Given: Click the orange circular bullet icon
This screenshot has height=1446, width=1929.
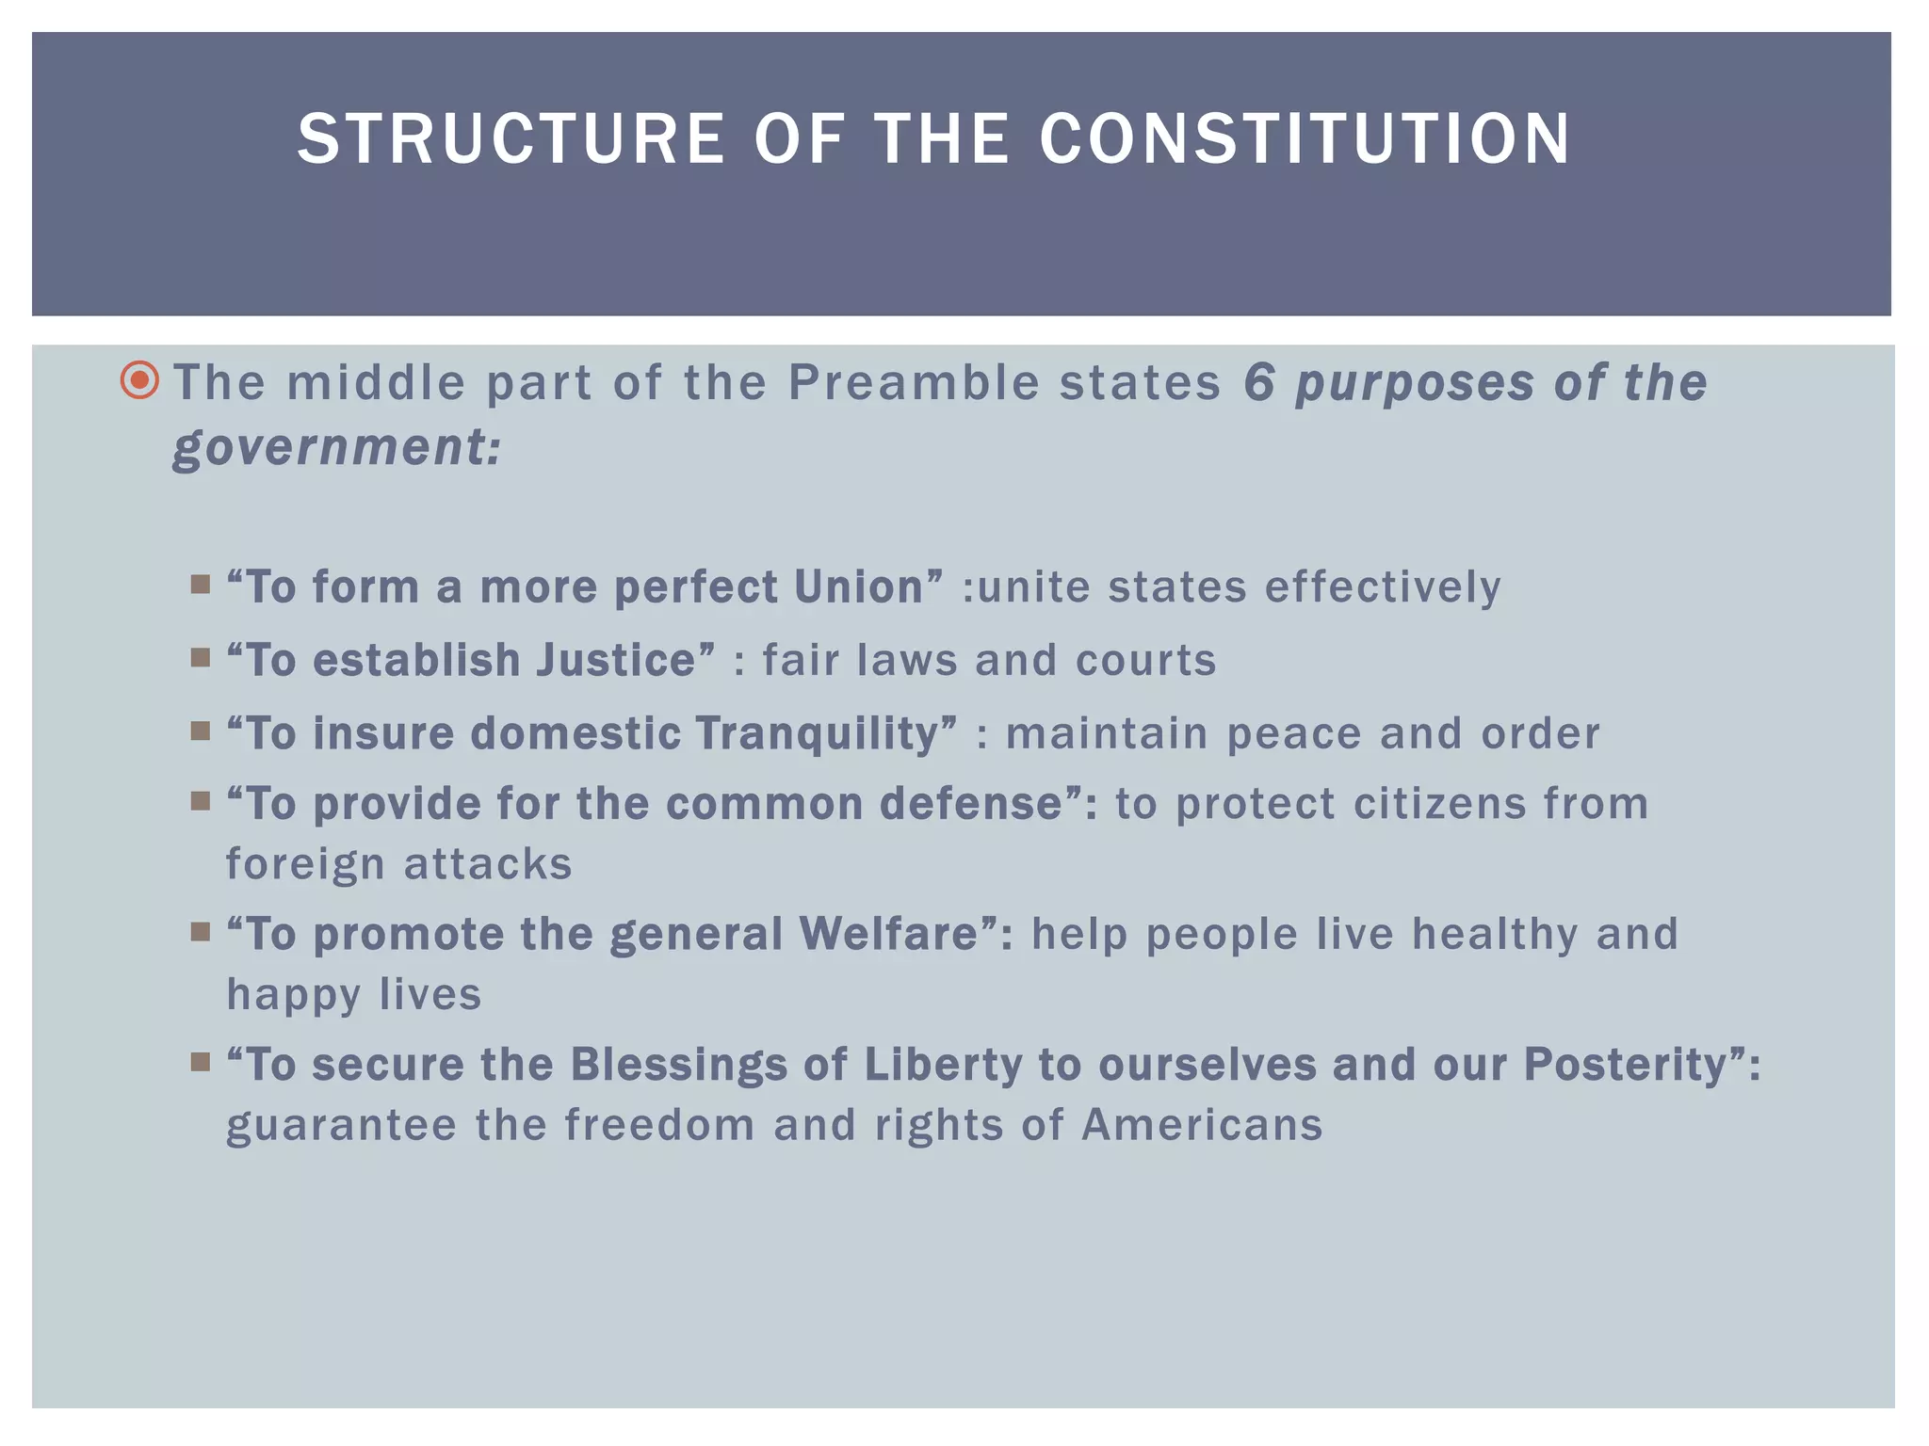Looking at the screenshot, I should click(x=140, y=381).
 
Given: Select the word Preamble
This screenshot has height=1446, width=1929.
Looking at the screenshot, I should click(x=914, y=383).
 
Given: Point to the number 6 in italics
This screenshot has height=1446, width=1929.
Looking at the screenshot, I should click(x=1259, y=383).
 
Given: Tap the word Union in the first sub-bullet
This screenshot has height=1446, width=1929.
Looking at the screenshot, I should click(x=867, y=586).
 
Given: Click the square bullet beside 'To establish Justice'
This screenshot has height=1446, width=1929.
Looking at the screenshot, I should click(x=200, y=657).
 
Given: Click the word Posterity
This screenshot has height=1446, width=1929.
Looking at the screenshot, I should click(x=1633, y=1065).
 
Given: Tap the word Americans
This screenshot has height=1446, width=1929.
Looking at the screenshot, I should click(x=1202, y=1125).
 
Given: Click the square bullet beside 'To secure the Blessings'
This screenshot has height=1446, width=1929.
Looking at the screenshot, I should click(x=200, y=1063).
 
